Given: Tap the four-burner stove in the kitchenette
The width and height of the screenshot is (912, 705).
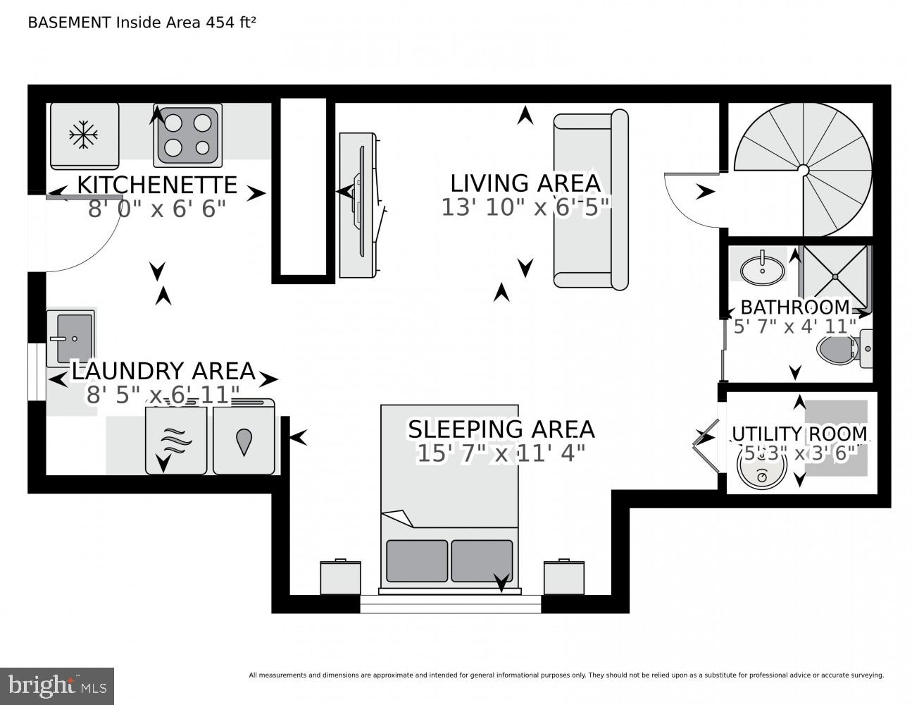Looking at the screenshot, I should [187, 135].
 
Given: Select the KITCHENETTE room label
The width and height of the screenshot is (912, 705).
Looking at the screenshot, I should [156, 185].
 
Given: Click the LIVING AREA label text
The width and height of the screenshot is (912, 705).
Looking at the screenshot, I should [525, 183].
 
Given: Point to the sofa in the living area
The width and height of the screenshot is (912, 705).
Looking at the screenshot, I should [590, 200].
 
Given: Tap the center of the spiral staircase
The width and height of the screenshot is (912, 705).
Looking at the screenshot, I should [802, 168].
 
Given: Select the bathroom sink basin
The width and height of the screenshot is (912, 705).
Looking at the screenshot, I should [761, 269].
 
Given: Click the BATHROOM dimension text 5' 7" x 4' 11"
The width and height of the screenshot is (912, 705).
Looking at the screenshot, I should [794, 326].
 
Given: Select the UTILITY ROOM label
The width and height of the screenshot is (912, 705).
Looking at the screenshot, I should [799, 434].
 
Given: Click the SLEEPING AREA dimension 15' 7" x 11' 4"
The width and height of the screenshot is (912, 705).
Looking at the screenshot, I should [501, 453].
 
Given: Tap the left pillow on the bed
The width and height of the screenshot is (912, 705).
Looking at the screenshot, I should [416, 560].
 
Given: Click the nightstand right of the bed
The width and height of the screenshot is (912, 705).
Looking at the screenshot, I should [563, 577].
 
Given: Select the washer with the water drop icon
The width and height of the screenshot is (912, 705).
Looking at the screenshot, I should [244, 440].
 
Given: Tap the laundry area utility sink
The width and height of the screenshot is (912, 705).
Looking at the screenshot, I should [70, 338].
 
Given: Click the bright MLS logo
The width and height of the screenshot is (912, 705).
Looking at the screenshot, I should [57, 685].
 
